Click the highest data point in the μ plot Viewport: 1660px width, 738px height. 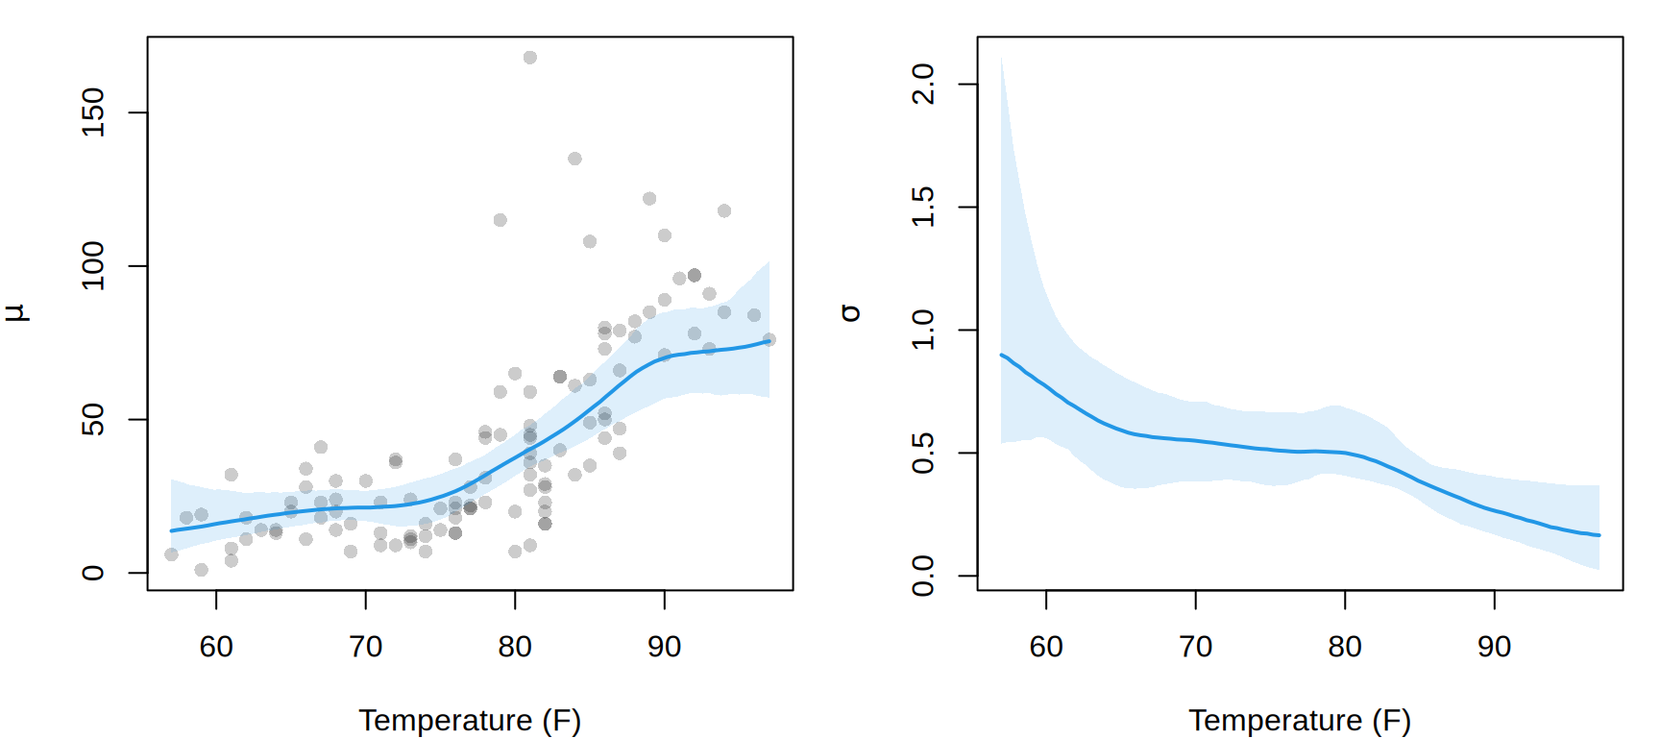point(530,58)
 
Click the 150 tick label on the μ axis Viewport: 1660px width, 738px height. point(93,112)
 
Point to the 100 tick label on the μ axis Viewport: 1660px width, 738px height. point(93,265)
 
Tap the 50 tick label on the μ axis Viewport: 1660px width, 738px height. point(93,419)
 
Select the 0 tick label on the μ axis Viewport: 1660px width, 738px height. point(93,573)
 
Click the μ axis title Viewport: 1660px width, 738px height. point(16,312)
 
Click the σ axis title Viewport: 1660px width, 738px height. point(849,312)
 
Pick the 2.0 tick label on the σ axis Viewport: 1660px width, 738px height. point(923,85)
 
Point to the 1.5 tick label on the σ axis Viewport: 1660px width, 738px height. point(923,207)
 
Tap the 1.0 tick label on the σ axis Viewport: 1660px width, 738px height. point(923,330)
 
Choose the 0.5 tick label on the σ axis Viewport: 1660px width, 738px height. point(923,453)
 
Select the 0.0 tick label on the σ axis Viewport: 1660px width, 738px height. point(923,576)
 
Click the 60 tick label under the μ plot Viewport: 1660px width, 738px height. point(216,647)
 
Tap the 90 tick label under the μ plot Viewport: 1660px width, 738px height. point(664,647)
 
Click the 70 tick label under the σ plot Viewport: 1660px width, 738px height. point(1195,647)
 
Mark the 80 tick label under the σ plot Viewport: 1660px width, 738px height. point(1345,647)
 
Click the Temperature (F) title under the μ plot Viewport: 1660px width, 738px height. point(470,721)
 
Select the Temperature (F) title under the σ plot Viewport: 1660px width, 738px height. point(1300,721)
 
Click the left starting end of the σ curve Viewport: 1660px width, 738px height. point(1002,355)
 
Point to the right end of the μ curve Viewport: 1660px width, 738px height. point(769,341)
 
